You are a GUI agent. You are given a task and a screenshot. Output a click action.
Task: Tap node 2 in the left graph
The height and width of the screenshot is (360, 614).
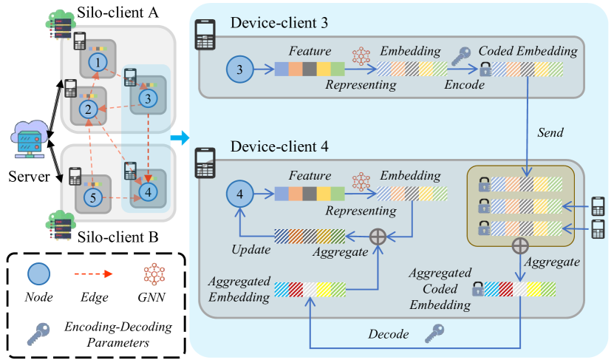coord(87,111)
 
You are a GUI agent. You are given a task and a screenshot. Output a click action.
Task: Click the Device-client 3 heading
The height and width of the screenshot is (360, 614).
coord(280,23)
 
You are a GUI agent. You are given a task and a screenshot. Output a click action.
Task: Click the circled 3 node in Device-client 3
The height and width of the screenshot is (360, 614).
coord(239,70)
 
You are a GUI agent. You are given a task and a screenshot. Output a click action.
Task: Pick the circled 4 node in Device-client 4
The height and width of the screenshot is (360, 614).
coord(239,194)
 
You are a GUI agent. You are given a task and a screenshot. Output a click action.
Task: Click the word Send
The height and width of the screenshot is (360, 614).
coord(550,132)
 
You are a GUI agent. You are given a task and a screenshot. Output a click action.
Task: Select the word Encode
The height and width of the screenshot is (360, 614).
coord(464,85)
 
